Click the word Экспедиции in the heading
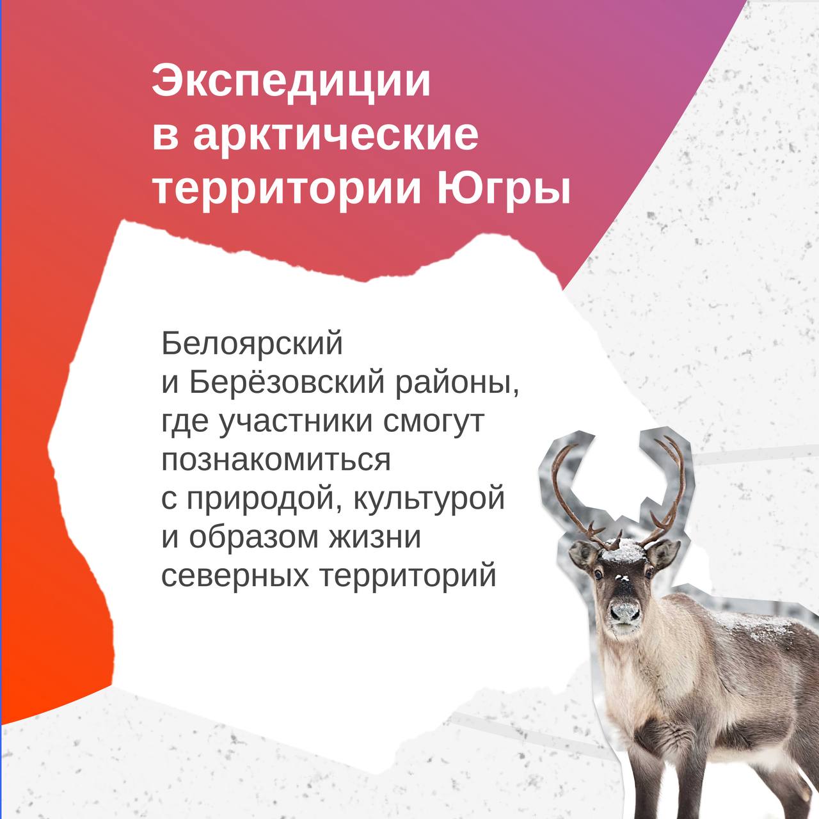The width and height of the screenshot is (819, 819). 291,83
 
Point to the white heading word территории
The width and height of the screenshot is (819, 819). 287,191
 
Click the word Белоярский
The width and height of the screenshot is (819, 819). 252,344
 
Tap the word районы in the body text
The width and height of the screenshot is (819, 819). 457,385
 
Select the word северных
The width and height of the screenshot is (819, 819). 235,576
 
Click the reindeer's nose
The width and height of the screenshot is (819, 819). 625,611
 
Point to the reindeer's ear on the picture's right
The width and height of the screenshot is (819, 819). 663,553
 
